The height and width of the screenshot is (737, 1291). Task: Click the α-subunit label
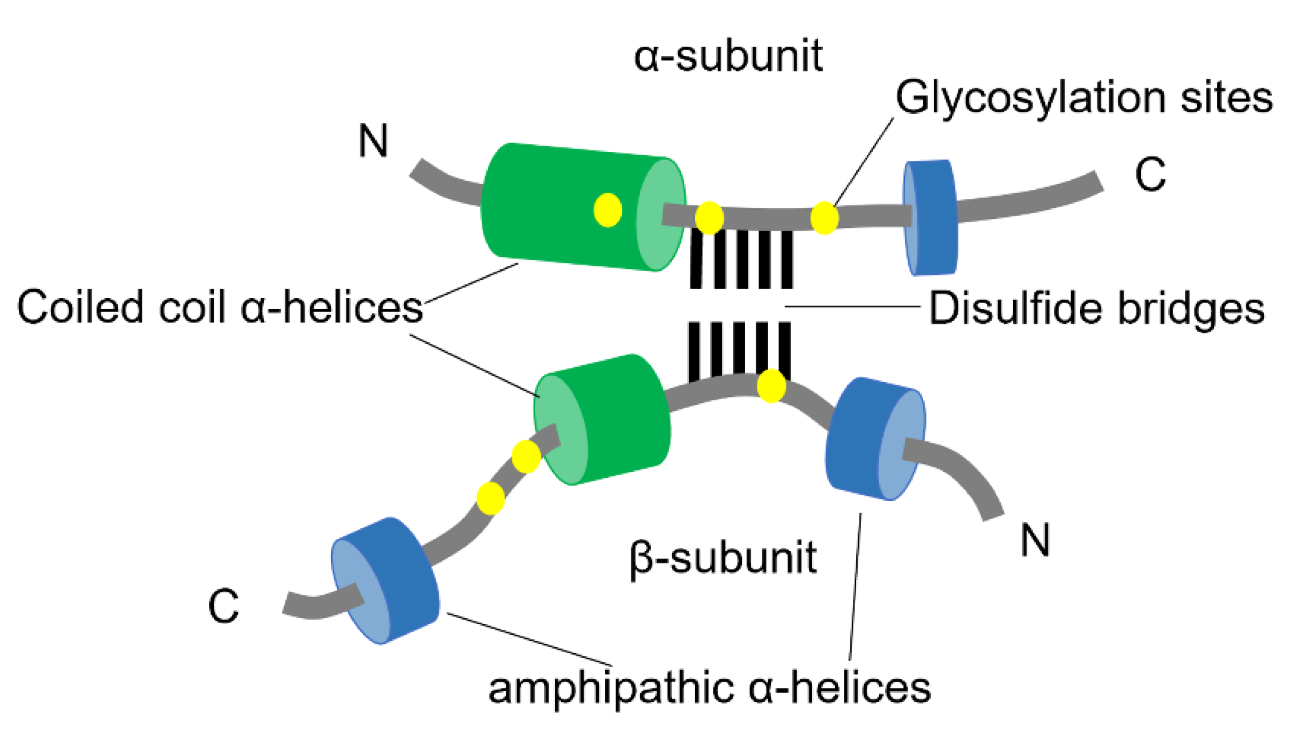pyautogui.click(x=728, y=56)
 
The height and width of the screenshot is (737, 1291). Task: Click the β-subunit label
pyautogui.click(x=723, y=558)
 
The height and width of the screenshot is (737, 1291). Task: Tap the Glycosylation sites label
pyautogui.click(x=1083, y=97)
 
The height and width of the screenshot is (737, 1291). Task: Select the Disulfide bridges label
pyautogui.click(x=1096, y=308)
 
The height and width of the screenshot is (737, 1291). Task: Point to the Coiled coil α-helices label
pyautogui.click(x=220, y=307)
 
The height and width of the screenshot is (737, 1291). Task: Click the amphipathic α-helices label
pyautogui.click(x=709, y=688)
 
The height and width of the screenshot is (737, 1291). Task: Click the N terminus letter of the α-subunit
pyautogui.click(x=373, y=141)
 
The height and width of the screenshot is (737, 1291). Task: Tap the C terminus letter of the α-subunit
pyautogui.click(x=1150, y=175)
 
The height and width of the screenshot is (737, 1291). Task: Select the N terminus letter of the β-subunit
pyautogui.click(x=1035, y=540)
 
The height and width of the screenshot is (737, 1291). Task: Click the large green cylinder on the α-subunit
pyautogui.click(x=564, y=207)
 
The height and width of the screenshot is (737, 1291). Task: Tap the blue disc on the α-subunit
pyautogui.click(x=931, y=218)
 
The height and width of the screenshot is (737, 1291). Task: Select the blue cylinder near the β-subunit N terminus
pyautogui.click(x=865, y=438)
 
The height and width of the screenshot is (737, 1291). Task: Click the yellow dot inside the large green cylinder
pyautogui.click(x=608, y=210)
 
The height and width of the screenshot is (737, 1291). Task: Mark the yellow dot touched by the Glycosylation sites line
pyautogui.click(x=824, y=218)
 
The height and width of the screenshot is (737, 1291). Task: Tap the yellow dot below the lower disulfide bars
pyautogui.click(x=771, y=386)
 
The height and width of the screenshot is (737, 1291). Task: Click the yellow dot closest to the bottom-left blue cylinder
pyautogui.click(x=491, y=498)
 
